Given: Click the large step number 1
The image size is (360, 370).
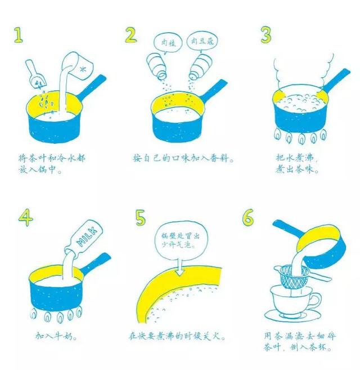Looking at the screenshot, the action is [x=19, y=35].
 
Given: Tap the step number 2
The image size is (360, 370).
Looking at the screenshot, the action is [x=131, y=35].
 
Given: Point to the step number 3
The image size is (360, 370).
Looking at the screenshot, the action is [x=266, y=35].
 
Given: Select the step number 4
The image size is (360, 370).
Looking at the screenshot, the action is [x=26, y=218].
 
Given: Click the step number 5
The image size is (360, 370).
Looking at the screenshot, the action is [x=141, y=217].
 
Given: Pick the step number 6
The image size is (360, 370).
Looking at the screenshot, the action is [x=248, y=217].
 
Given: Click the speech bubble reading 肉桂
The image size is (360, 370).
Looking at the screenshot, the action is [x=168, y=43].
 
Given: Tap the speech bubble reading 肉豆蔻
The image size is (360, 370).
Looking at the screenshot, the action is [x=202, y=42].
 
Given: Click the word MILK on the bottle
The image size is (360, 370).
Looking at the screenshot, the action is [x=87, y=237].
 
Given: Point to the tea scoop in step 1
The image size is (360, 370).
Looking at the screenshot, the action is [x=35, y=74].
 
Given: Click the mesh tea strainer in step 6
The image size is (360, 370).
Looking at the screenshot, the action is [x=295, y=277].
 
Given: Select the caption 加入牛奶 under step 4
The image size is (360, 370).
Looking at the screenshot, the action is [x=56, y=336].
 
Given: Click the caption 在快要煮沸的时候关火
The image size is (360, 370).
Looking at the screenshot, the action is [x=177, y=336].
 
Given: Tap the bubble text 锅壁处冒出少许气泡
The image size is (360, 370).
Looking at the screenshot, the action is [x=181, y=240].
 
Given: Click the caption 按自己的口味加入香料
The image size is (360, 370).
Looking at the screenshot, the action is [x=183, y=158].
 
